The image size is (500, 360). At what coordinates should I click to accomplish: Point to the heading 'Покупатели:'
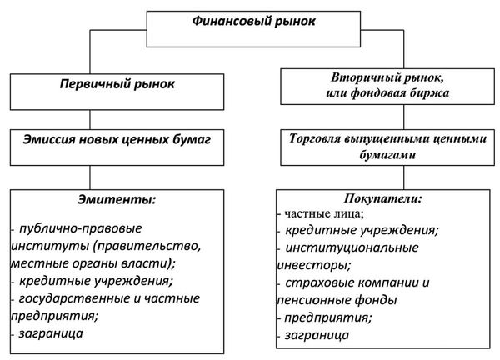tap(382, 199)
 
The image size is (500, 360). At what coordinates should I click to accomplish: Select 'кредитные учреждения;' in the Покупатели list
tap(362, 230)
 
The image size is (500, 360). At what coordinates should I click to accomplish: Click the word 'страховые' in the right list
tap(316, 282)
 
